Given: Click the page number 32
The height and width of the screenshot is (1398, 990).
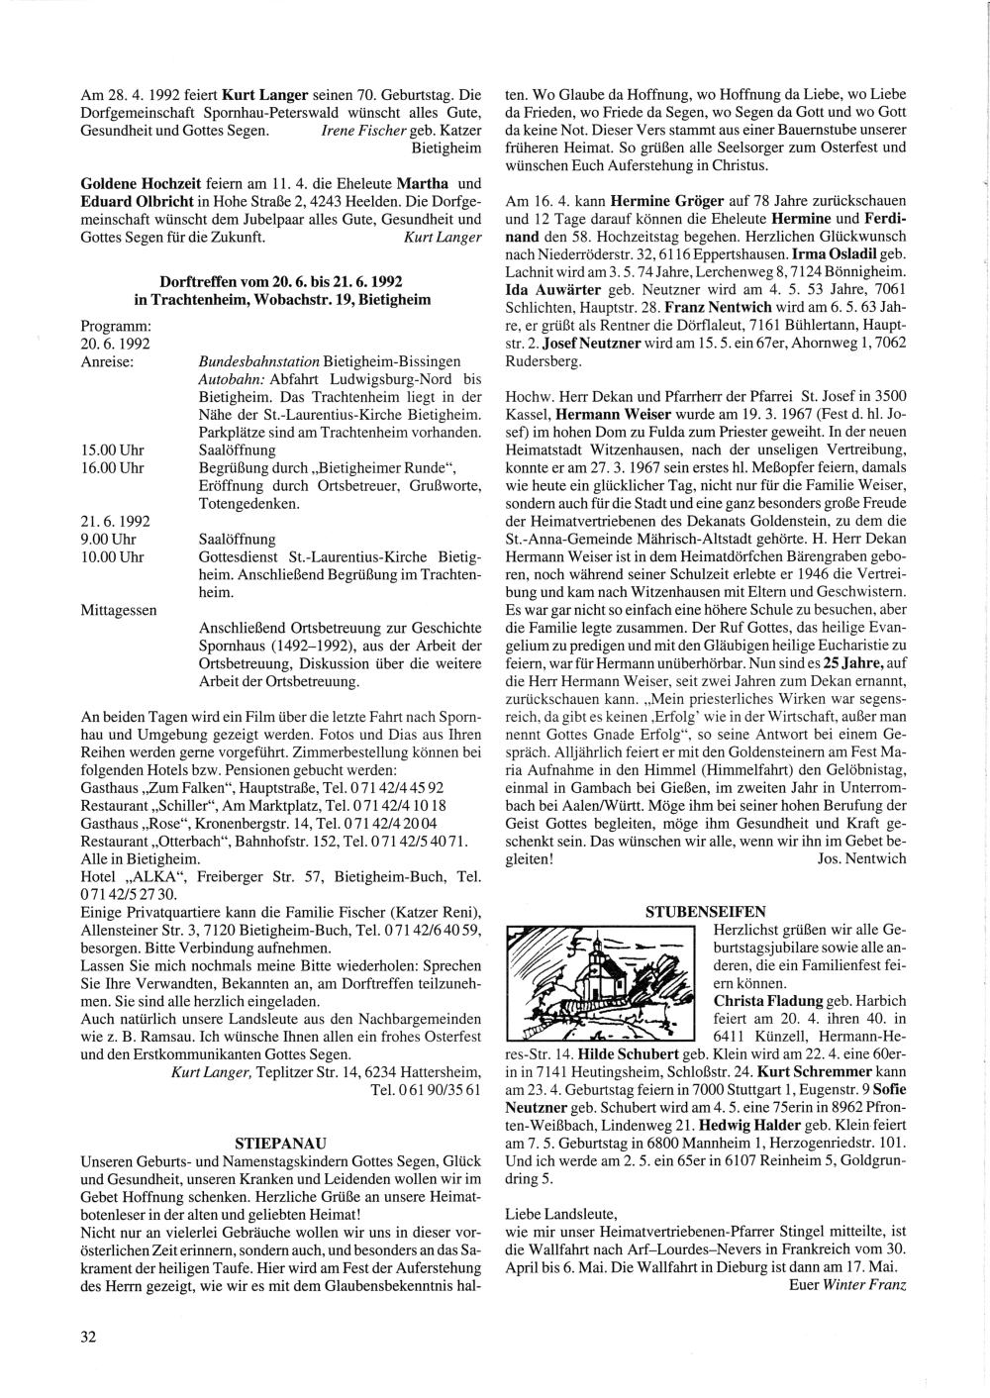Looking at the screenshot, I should (x=88, y=1337).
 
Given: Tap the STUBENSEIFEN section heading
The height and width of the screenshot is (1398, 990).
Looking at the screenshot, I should (x=705, y=910).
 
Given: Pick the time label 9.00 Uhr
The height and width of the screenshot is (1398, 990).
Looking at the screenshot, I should (x=107, y=540).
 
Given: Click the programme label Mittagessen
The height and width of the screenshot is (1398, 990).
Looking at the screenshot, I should (x=118, y=611).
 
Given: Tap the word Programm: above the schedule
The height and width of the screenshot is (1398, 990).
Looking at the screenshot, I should (x=115, y=326).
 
